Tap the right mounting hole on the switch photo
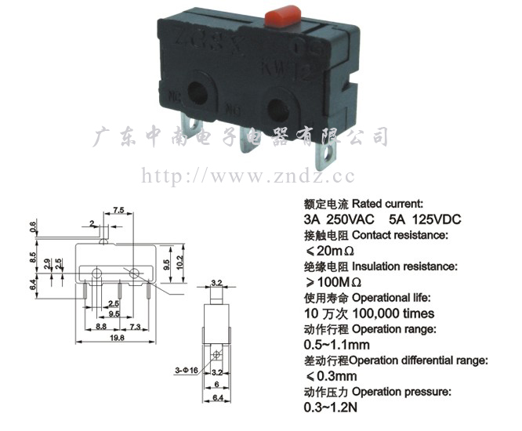[x=278, y=106]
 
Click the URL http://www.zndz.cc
[x=247, y=176]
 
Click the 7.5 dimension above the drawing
[x=119, y=211]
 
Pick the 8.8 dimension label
[x=101, y=325]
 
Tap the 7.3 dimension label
[x=134, y=325]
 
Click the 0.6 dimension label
[x=33, y=226]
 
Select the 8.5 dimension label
[x=33, y=255]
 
